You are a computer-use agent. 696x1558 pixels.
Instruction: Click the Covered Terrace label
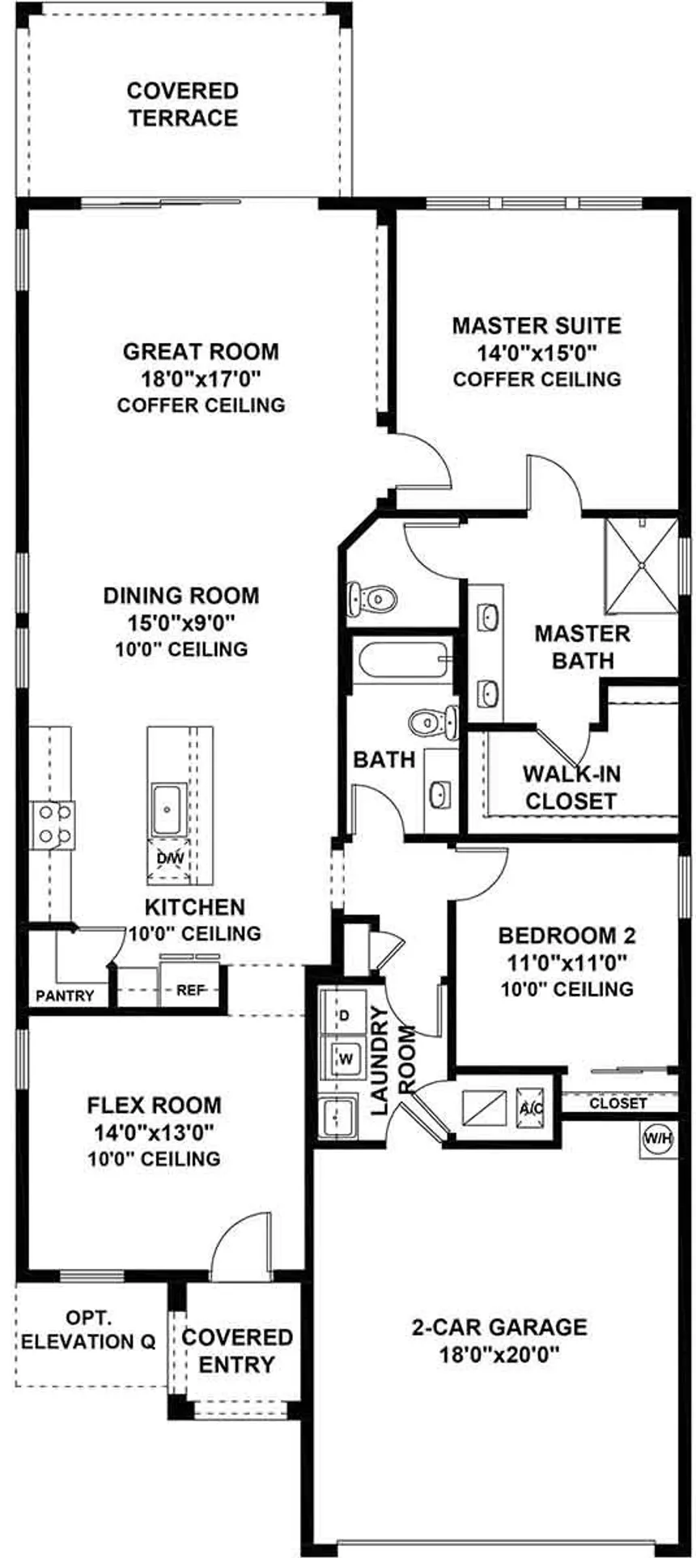[x=183, y=104]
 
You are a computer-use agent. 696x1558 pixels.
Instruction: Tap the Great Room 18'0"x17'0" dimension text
[x=201, y=378]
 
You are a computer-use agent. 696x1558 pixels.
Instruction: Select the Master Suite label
[x=537, y=325]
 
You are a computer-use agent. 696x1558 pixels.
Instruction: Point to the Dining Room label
[x=181, y=596]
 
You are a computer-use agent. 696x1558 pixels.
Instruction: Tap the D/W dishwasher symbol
[x=170, y=859]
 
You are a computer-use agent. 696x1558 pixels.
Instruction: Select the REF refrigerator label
[x=191, y=989]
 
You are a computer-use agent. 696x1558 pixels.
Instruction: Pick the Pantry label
[x=65, y=996]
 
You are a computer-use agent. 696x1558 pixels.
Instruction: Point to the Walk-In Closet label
[x=571, y=787]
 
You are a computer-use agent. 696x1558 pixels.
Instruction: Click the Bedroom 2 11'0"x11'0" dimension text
[x=567, y=962]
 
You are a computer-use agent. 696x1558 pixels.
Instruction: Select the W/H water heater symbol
[x=657, y=1139]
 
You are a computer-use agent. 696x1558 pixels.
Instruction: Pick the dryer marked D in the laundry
[x=342, y=1015]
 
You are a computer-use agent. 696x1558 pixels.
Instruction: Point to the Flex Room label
[x=154, y=1106]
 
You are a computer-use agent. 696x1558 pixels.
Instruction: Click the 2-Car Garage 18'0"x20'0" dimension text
[x=499, y=1353]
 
